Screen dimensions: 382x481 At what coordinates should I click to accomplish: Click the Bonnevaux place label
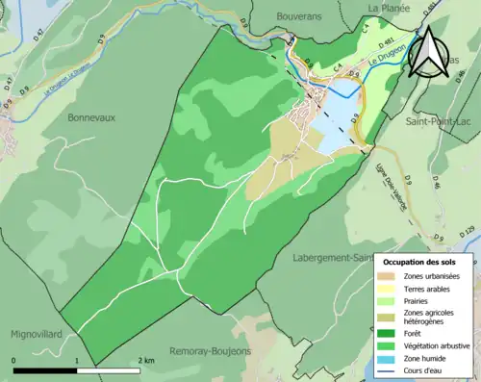(91, 117)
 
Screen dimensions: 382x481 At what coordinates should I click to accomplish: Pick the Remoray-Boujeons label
(210, 351)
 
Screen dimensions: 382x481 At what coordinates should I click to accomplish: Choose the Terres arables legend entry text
(431, 287)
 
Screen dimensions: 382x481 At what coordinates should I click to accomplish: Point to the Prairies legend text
(419, 299)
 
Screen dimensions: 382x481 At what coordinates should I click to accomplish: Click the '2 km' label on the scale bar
(146, 359)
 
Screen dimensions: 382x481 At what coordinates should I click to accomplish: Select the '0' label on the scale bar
(14, 359)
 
